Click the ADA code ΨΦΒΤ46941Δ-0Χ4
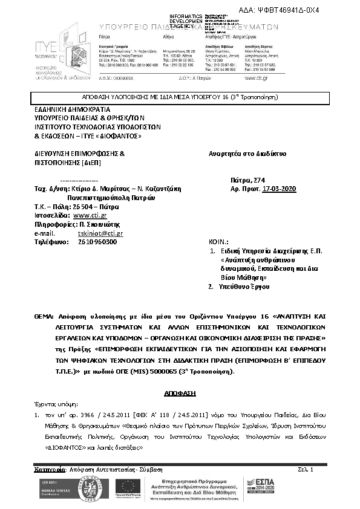point(315,11)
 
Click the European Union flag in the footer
point(126,487)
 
